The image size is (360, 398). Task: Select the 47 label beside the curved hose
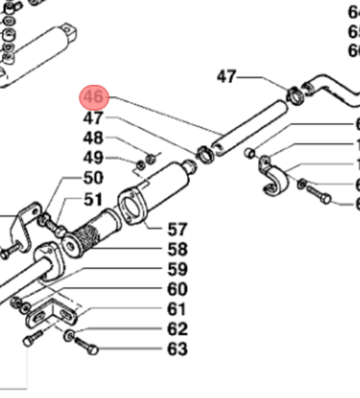pos(227,77)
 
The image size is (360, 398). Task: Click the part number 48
pos(93,139)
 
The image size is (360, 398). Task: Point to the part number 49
pos(93,158)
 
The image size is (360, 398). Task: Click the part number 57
pos(177,229)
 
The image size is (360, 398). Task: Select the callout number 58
pos(177,249)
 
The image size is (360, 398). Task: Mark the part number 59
pos(177,269)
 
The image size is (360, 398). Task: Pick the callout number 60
pos(177,289)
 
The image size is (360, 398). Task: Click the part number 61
pos(177,309)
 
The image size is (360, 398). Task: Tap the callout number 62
pos(177,329)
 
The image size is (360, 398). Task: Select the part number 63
pos(177,350)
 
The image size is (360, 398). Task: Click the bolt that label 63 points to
pos(87,349)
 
